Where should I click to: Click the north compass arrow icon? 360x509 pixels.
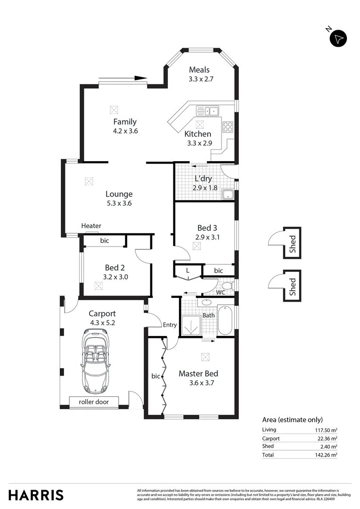338,38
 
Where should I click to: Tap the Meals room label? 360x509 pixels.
199,70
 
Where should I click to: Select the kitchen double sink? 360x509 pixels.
207,111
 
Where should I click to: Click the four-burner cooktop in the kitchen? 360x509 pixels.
228,127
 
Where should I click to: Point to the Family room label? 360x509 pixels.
125,122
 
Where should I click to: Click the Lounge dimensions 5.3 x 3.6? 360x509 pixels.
119,204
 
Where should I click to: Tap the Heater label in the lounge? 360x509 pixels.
91,226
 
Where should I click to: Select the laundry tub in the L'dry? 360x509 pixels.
228,194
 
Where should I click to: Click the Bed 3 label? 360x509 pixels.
207,228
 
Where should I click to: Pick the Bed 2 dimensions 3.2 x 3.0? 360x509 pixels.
115,277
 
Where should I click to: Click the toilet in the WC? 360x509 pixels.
227,286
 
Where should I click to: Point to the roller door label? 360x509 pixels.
93,402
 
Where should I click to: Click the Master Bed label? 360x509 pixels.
198,374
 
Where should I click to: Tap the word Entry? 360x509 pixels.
170,325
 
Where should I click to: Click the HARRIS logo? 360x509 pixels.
36,495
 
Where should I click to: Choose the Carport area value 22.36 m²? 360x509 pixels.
327,438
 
